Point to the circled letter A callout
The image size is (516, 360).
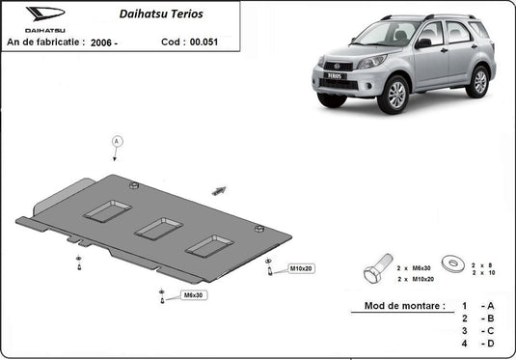116,141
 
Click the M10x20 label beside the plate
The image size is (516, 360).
302,267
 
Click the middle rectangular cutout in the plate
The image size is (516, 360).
158,228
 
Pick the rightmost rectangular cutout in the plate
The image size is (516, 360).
209,245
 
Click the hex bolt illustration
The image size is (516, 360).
378,269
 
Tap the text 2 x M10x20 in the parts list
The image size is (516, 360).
417,277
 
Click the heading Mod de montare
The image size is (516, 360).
405,306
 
